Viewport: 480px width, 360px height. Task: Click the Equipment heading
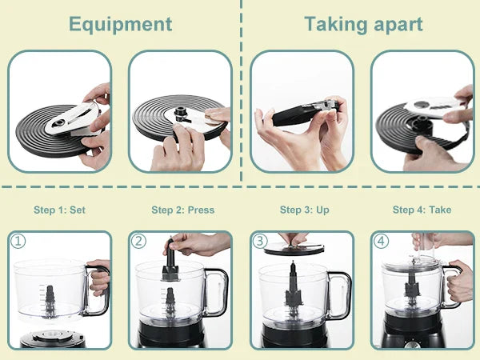coord(120,25)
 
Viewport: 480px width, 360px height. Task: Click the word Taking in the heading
coord(335,25)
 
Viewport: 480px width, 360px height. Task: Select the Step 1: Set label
coord(59,210)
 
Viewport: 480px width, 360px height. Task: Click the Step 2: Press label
coord(182,210)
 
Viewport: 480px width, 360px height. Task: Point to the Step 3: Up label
coord(305,210)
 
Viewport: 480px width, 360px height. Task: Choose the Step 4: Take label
coord(422,210)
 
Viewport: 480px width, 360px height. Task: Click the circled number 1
coord(18,242)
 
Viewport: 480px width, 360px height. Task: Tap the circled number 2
coord(138,242)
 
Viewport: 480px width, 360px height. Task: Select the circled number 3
coord(260,242)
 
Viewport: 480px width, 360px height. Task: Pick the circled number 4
coord(381,242)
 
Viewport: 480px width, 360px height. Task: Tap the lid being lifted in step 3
coord(294,249)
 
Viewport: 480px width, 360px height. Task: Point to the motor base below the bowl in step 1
coord(52,339)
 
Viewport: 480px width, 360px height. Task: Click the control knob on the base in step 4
coord(408,346)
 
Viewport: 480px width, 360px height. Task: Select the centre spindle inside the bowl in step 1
coord(50,301)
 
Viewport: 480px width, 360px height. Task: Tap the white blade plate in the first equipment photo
coord(72,118)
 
